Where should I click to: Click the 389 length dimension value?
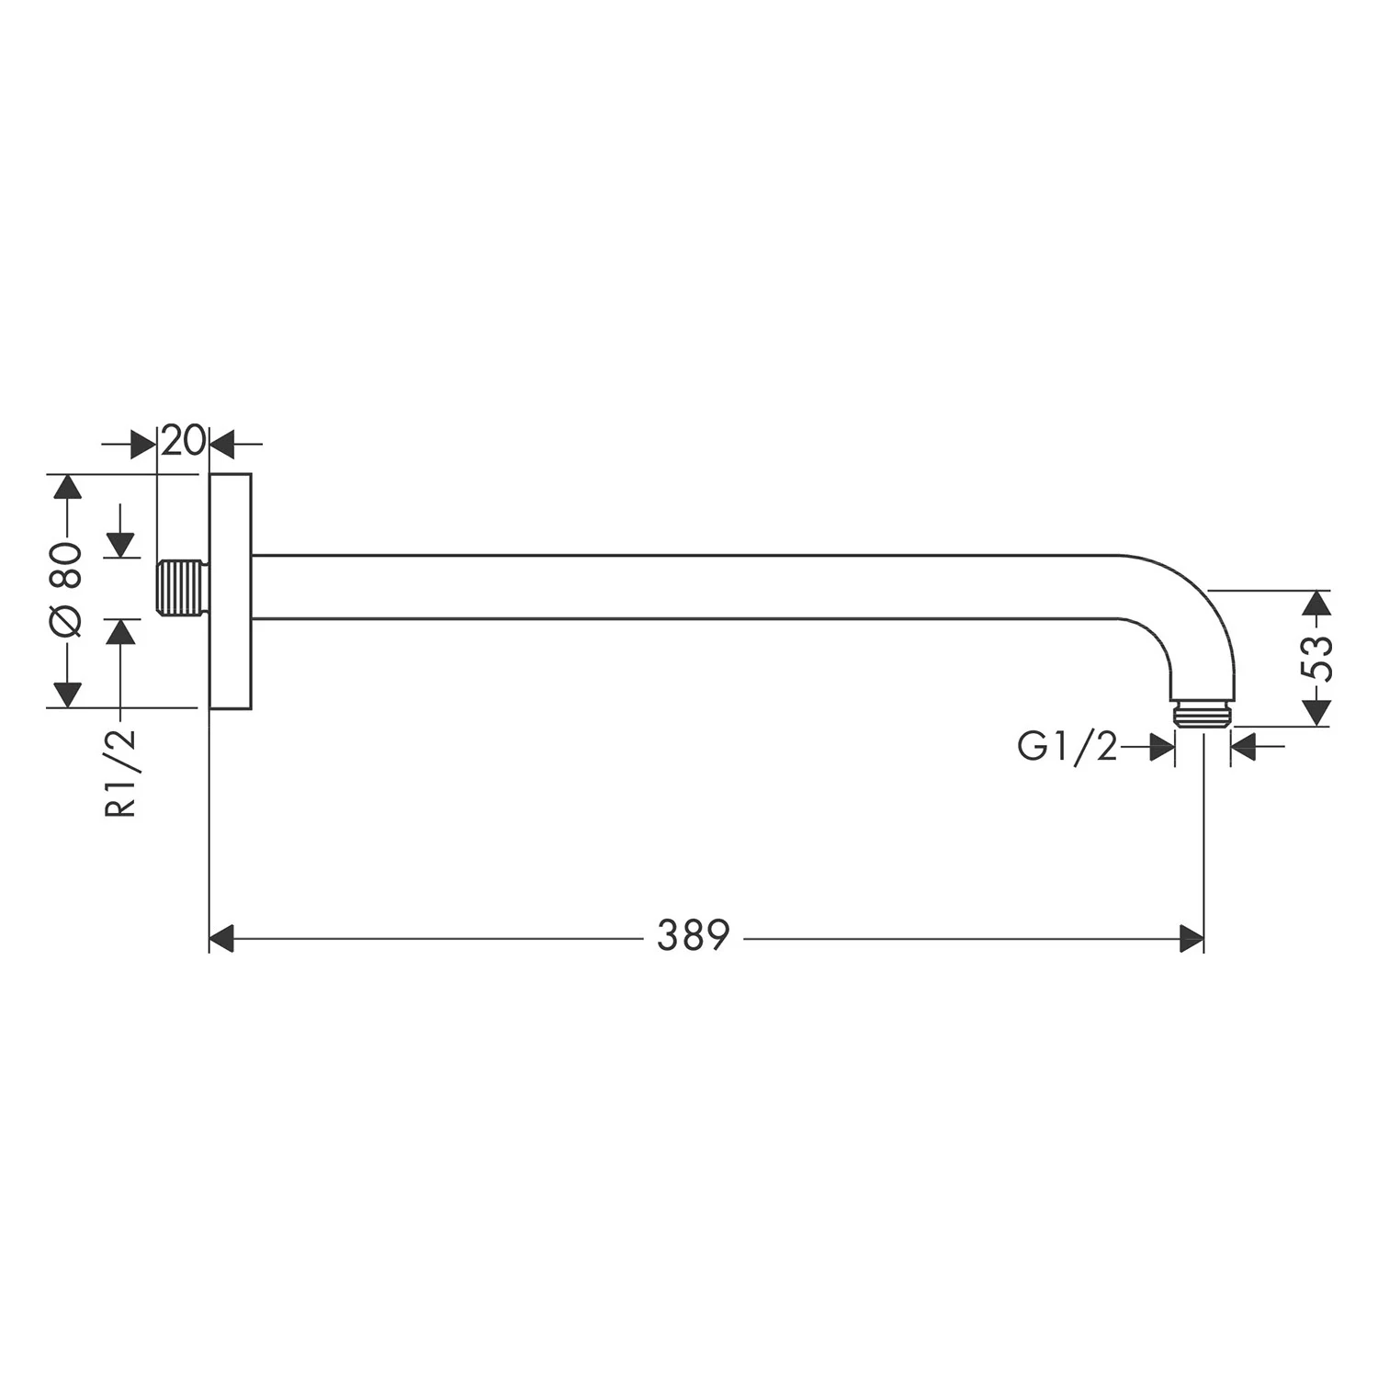coord(693,936)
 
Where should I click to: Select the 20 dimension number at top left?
coord(183,442)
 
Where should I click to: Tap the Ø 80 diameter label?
coord(67,590)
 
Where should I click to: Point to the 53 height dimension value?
coord(1317,658)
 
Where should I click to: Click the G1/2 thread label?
coord(1067,747)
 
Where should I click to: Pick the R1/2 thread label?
coord(121,772)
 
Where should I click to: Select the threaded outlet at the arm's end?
coord(1203,715)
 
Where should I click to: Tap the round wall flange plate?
coord(231,592)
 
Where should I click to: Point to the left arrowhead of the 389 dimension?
coord(223,939)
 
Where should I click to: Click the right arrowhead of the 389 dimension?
coord(1191,939)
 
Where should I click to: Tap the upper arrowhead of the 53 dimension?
coord(1317,603)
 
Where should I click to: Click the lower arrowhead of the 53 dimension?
coord(1317,713)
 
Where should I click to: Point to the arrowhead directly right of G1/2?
coord(1162,747)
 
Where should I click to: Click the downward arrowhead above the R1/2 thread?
coord(121,545)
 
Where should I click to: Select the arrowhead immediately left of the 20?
coord(144,444)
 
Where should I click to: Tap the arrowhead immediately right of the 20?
coord(223,444)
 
